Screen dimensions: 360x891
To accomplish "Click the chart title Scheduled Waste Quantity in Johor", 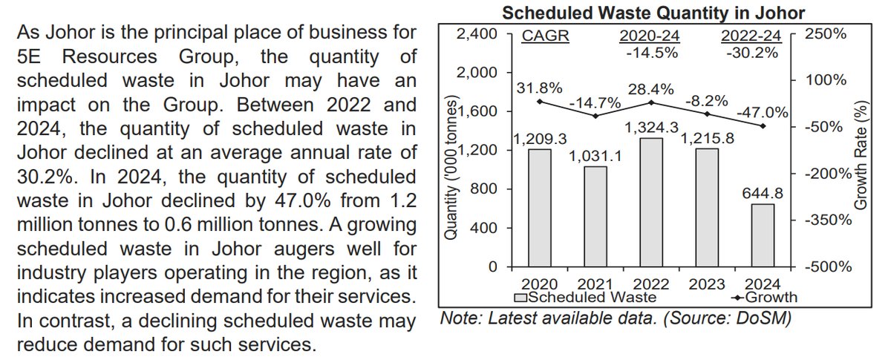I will click(x=653, y=13).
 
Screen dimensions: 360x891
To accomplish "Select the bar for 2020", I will click(x=540, y=207).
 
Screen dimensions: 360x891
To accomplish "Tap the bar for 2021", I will click(x=595, y=215).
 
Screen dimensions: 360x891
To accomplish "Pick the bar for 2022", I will click(x=650, y=201).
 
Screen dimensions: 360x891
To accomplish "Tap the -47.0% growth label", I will click(x=762, y=112).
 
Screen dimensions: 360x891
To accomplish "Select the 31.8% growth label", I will click(x=540, y=88).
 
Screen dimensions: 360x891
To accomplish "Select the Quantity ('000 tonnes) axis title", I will click(x=450, y=171).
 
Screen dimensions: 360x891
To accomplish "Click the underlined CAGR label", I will click(x=545, y=36).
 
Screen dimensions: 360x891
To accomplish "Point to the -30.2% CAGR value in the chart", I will click(x=752, y=53).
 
